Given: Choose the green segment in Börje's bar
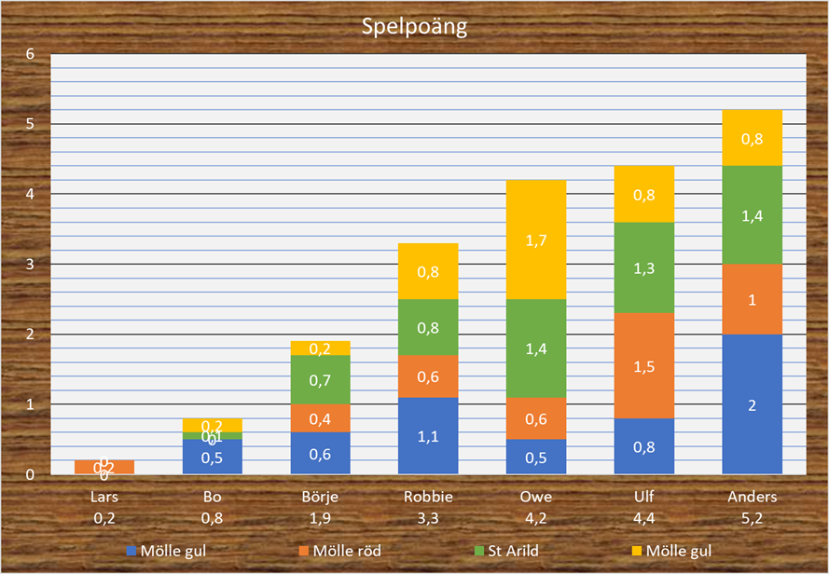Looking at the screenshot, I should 320,378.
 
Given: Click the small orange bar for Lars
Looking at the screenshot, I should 104,466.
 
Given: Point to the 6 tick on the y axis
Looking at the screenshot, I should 30,54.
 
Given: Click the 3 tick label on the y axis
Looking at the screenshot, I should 30,265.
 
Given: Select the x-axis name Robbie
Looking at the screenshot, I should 428,497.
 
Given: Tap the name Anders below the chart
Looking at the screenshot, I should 752,497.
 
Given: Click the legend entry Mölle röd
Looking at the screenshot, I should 347,551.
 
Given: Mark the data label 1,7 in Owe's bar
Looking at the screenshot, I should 536,240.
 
